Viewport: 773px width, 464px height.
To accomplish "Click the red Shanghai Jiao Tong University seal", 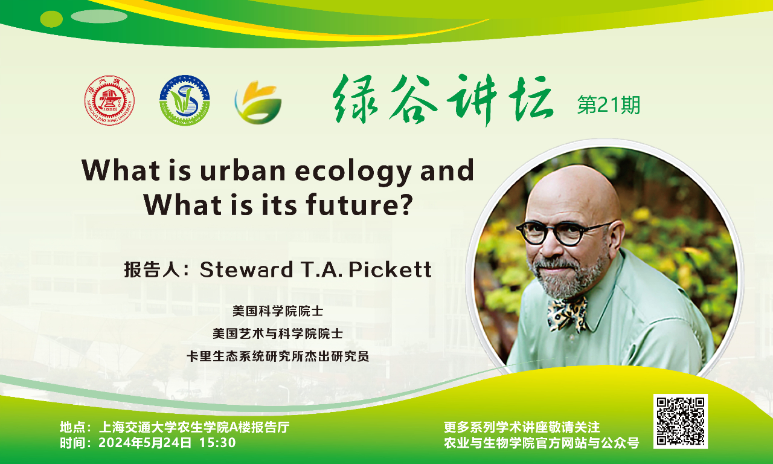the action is click(x=109, y=100).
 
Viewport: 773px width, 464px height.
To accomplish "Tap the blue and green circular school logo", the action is click(x=185, y=100).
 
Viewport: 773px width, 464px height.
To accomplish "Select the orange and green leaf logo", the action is click(x=258, y=102).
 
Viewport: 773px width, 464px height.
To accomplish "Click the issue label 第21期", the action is click(x=609, y=105).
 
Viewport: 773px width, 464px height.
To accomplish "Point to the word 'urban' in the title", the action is click(x=243, y=170).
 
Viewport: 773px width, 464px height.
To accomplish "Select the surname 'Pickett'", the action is click(x=390, y=269).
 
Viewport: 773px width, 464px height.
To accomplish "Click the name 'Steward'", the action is click(x=246, y=269).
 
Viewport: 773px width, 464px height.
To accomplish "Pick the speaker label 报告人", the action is click(x=152, y=269).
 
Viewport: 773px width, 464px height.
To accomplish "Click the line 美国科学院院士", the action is click(x=278, y=311).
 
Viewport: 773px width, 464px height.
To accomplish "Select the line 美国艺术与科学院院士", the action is click(x=278, y=333).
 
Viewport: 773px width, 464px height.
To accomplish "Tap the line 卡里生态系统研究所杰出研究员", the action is click(x=278, y=356).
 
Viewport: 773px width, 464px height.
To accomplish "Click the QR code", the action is click(x=681, y=421).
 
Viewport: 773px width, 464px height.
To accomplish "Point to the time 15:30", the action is click(x=217, y=443).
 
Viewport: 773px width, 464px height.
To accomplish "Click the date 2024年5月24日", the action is click(x=145, y=443).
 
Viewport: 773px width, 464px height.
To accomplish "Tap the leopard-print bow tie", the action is click(x=567, y=314).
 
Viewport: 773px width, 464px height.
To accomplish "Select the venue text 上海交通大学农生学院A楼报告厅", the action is click(x=194, y=427).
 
